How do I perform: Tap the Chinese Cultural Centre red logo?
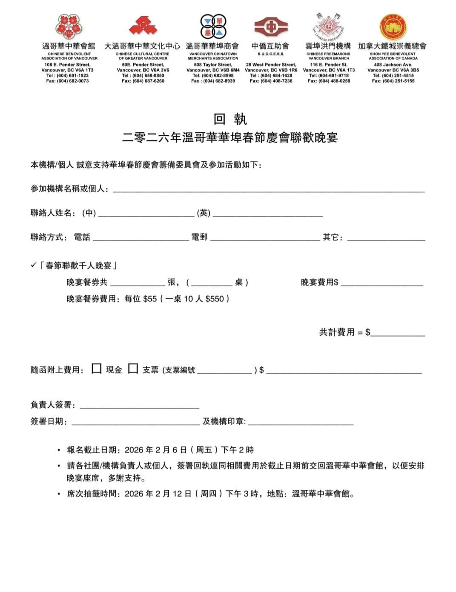[x=143, y=26]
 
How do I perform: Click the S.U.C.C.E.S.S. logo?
[x=271, y=27]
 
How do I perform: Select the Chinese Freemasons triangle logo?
[x=328, y=26]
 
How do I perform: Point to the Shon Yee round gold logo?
[x=393, y=27]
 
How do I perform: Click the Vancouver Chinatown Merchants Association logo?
[x=213, y=26]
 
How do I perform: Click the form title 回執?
[x=230, y=119]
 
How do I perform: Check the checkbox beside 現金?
[x=97, y=369]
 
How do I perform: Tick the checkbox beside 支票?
[x=133, y=369]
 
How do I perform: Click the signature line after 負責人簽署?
[x=139, y=405]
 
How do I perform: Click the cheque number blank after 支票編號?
[x=224, y=370]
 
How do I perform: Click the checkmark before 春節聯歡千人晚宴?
[x=34, y=266]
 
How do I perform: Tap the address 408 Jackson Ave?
[x=393, y=65]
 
